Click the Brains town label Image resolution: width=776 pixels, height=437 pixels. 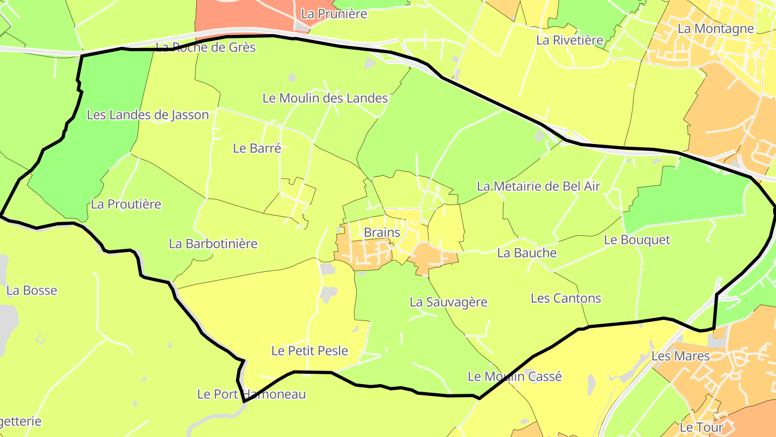(x=382, y=233)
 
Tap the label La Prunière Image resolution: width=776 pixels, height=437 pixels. (x=334, y=14)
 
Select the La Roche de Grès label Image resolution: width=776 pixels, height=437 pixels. (x=205, y=47)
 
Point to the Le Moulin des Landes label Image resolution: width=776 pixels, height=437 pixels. (x=325, y=98)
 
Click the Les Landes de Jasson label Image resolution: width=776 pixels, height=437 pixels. (x=148, y=114)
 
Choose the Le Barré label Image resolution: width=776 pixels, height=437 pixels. (x=257, y=148)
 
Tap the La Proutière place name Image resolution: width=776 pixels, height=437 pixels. (x=126, y=204)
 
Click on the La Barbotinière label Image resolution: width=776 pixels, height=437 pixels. (x=213, y=243)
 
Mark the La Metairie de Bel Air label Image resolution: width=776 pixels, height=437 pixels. (x=538, y=187)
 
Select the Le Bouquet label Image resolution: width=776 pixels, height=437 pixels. (x=636, y=240)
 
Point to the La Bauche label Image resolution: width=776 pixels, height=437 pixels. (x=526, y=252)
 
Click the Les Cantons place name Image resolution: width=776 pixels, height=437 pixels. (x=565, y=298)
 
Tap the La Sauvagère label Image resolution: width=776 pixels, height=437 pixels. (x=448, y=302)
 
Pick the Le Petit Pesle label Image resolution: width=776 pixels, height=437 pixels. (x=309, y=351)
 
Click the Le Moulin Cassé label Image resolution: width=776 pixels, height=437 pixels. (x=515, y=376)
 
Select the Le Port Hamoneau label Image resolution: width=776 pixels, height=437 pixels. (x=251, y=394)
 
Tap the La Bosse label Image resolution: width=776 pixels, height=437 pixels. (x=32, y=290)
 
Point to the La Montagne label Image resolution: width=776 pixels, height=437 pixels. (x=716, y=28)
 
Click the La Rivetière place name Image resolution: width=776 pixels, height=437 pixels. (x=569, y=40)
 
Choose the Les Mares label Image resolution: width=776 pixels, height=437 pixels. (x=680, y=356)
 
